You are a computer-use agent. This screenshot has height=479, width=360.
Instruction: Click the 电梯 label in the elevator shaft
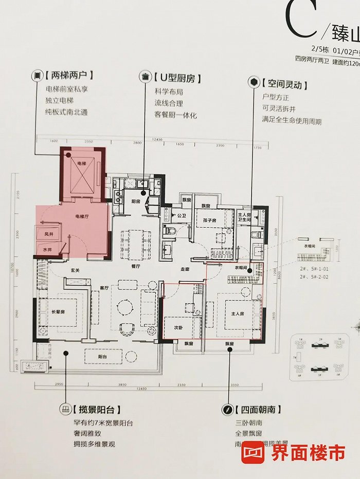click(x=82, y=163)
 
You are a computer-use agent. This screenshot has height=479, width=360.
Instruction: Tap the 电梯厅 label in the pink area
click(x=82, y=217)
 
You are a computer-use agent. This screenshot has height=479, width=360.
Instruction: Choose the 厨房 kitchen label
click(x=135, y=201)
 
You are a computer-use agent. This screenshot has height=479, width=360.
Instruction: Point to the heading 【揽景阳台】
click(x=97, y=410)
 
